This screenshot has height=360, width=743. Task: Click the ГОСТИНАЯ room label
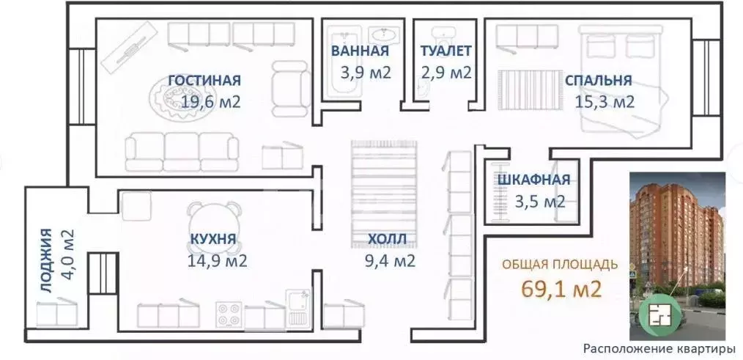pyautogui.click(x=204, y=81)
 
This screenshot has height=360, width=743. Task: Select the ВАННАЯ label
pyautogui.click(x=359, y=51)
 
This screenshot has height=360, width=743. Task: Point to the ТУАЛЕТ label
pyautogui.click(x=446, y=51)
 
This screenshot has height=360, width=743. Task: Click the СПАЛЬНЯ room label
pyautogui.click(x=598, y=81)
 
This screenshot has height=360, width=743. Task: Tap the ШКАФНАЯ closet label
pyautogui.click(x=533, y=180)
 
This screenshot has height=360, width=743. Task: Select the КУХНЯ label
pyautogui.click(x=212, y=239)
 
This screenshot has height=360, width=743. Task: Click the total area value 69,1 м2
pyautogui.click(x=561, y=288)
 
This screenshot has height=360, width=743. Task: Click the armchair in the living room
pyautogui.click(x=290, y=84)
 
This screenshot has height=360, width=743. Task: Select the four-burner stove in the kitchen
pyautogui.click(x=229, y=315)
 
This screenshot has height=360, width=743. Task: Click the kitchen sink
pyautogui.click(x=298, y=301)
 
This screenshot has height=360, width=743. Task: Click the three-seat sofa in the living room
pyautogui.click(x=182, y=151)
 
